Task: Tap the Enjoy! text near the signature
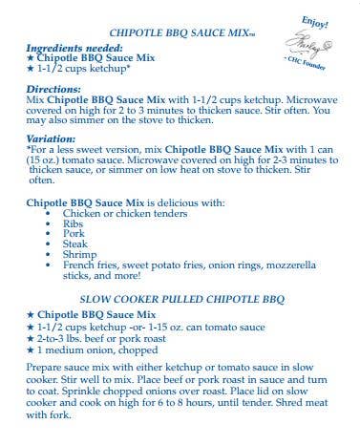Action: coord(314,20)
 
